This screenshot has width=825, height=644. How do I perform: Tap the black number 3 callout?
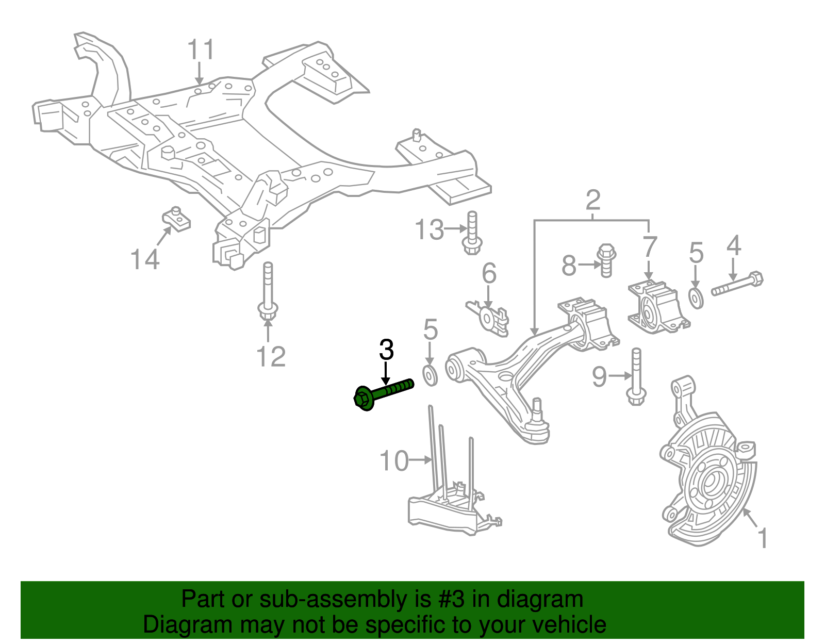pyautogui.click(x=386, y=350)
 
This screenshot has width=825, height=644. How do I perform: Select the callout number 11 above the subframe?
pyautogui.click(x=201, y=50)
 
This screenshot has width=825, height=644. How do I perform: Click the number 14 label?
pyautogui.click(x=145, y=259)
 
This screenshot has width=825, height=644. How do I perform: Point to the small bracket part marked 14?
pyautogui.click(x=177, y=220)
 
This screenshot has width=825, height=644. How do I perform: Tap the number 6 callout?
pyautogui.click(x=489, y=273)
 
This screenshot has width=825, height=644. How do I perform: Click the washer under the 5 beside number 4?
pyautogui.click(x=696, y=299)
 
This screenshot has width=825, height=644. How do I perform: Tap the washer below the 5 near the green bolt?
pyautogui.click(x=430, y=375)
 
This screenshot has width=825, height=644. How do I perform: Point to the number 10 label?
pyautogui.click(x=394, y=461)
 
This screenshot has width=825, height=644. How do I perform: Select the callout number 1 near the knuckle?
pyautogui.click(x=763, y=538)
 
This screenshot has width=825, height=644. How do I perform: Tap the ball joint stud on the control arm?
pyautogui.click(x=537, y=410)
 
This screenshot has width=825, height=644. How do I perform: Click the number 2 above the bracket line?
pyautogui.click(x=593, y=200)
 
